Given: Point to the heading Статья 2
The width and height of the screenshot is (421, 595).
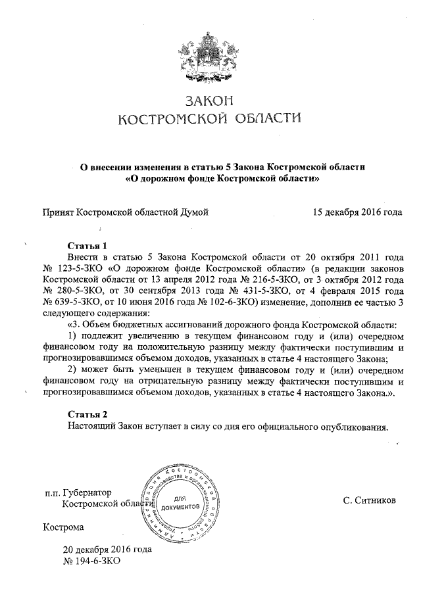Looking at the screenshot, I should pyautogui.click(x=87, y=414).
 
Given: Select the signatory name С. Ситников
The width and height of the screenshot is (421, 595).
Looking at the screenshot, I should pyautogui.click(x=369, y=500).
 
